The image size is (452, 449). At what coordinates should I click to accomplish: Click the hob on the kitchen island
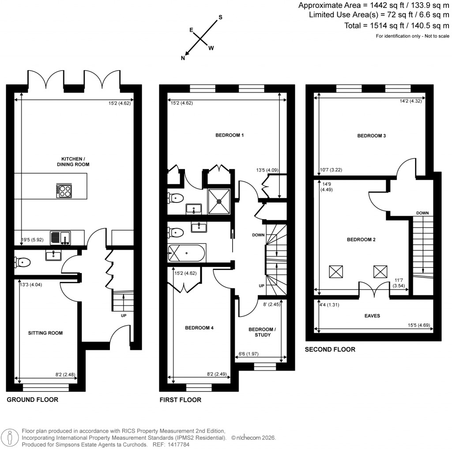[64, 191]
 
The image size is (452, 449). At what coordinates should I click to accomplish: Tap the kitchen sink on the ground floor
[61, 237]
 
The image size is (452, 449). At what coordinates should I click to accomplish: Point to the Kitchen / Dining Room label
[75, 161]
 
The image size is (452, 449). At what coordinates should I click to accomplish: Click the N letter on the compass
[183, 57]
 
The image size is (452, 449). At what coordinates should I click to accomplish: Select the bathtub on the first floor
[186, 254]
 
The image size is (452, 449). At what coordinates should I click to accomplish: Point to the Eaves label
[373, 316]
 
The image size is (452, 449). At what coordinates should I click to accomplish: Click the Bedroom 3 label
[371, 136]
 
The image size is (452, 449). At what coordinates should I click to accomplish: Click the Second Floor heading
[330, 349]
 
